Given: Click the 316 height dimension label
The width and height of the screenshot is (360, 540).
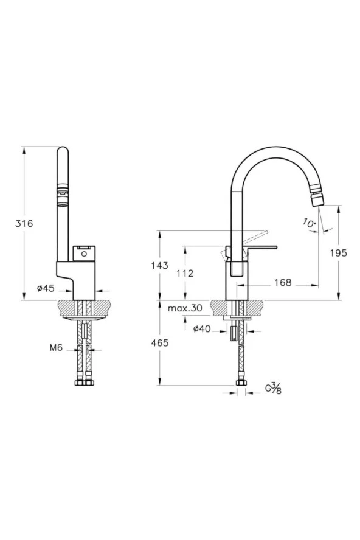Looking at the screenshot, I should point(24,223).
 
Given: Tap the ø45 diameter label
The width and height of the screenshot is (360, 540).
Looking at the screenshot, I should point(46,289).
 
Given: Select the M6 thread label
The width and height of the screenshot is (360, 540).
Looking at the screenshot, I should point(57,348).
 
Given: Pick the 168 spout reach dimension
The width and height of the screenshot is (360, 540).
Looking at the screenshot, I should point(282,282).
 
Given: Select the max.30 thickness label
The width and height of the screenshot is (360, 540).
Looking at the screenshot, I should point(185,308).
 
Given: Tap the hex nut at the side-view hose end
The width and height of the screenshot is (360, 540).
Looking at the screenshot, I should point(240,384).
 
